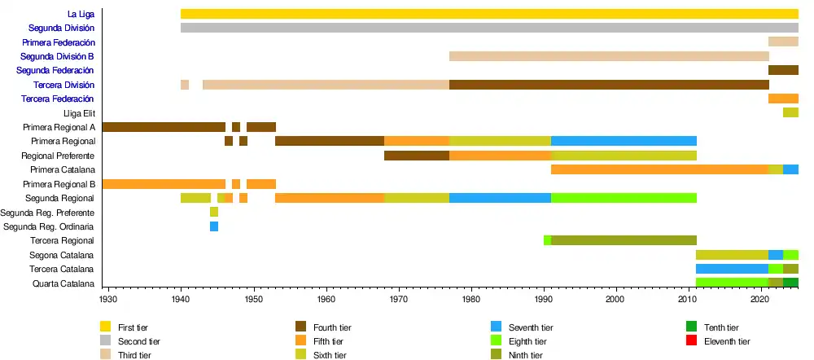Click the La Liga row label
coord(81,14)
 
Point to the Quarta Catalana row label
coord(63,283)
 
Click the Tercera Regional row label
coord(62,241)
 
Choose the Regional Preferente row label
coord(58,156)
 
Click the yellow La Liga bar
coord(488,14)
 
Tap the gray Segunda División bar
coord(488,28)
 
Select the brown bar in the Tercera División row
coord(609,85)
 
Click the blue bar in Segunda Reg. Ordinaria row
coord(214,226)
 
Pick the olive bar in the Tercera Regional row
coord(624,240)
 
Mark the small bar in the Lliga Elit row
coord(790,112)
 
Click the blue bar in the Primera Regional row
coord(624,141)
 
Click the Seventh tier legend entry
coord(530,327)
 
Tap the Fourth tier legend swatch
coord(300,327)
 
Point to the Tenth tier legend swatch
coord(693,327)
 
